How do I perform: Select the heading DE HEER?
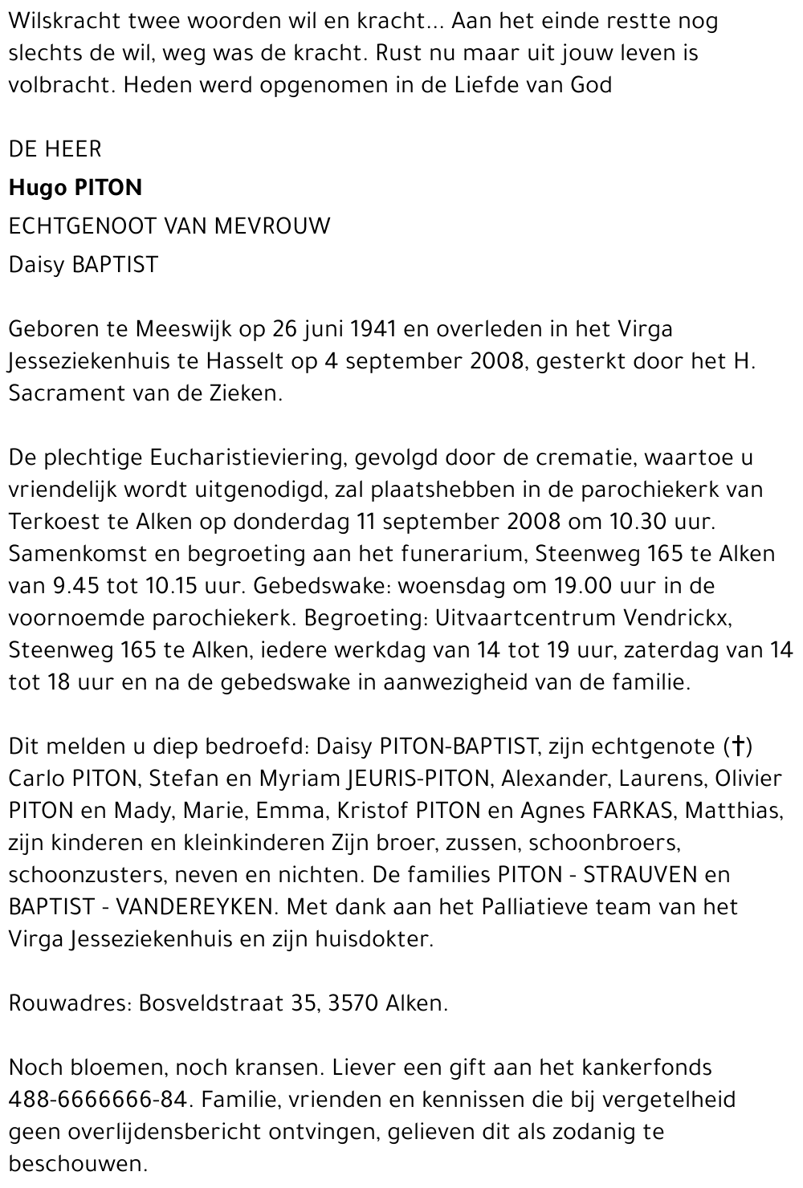(55, 149)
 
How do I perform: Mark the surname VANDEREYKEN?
(197, 908)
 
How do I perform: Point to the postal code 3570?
(353, 1004)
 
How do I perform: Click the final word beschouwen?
(78, 1165)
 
